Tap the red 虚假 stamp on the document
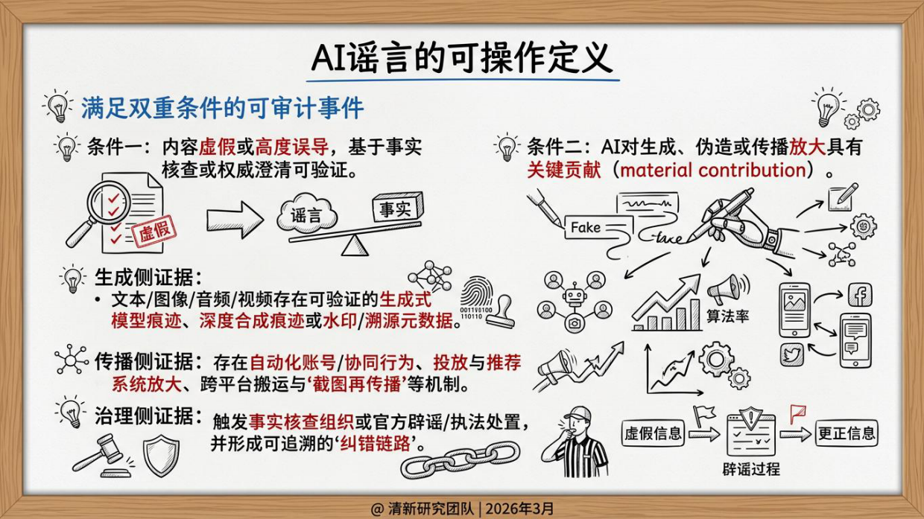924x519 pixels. click(154, 232)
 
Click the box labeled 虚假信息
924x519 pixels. click(653, 433)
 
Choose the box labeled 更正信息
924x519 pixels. click(847, 432)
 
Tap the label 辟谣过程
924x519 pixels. click(751, 470)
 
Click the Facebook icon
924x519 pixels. click(860, 295)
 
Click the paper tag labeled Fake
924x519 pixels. click(586, 228)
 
